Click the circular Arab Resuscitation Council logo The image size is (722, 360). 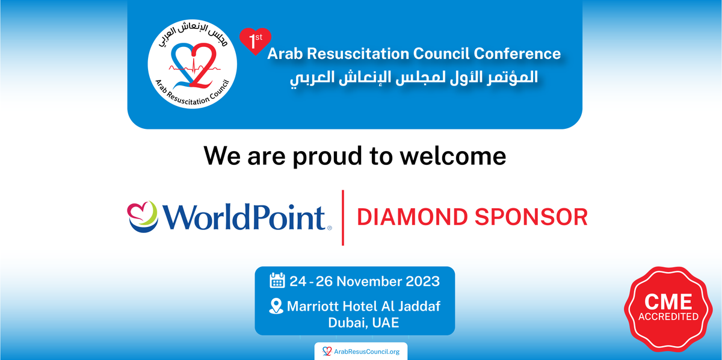pos(191,66)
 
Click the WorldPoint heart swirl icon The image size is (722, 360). pos(142,216)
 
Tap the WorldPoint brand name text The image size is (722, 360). pos(244,217)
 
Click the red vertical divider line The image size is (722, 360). pos(343,217)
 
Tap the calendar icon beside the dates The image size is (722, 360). pos(277,281)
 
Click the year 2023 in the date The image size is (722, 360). pos(419,281)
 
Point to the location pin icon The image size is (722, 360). pos(275,306)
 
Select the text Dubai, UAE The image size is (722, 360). pos(363,323)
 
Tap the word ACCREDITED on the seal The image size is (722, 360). pos(668,317)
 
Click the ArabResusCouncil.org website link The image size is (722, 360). pos(361,351)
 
